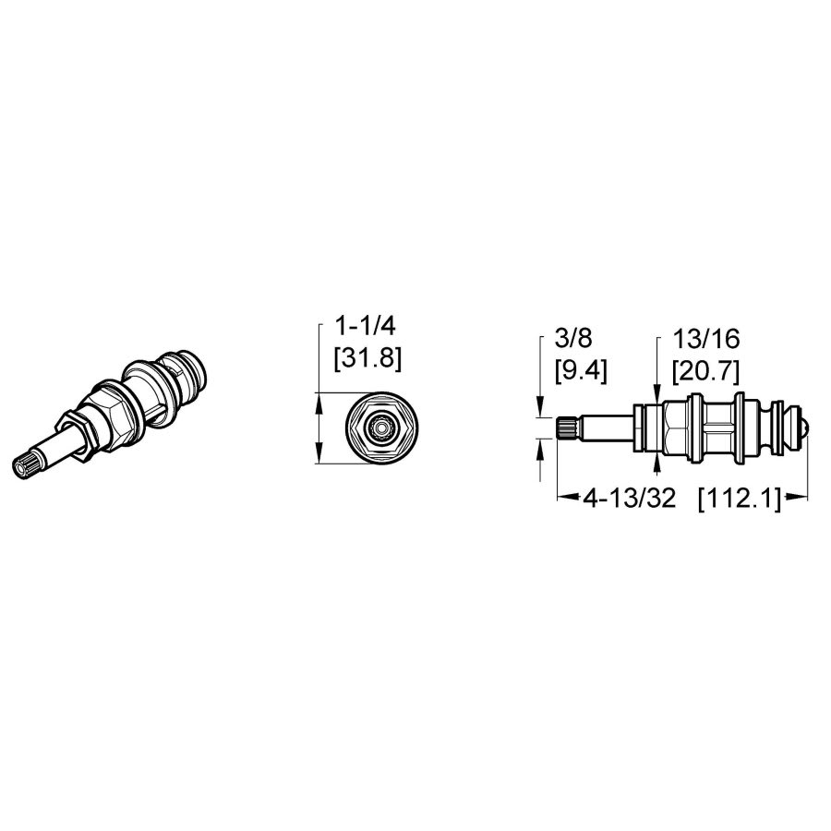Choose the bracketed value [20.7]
[707, 370]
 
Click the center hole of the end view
[378, 428]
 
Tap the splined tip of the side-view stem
[567, 428]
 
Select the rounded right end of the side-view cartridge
[806, 428]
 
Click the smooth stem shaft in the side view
[605, 428]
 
